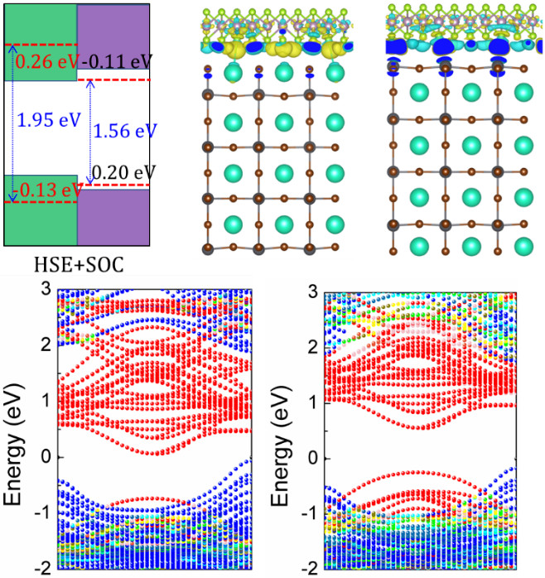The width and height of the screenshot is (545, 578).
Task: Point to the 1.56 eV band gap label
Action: [123, 131]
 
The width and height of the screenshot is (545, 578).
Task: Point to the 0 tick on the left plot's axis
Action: [48, 457]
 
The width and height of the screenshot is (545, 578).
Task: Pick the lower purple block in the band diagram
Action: [113, 217]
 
